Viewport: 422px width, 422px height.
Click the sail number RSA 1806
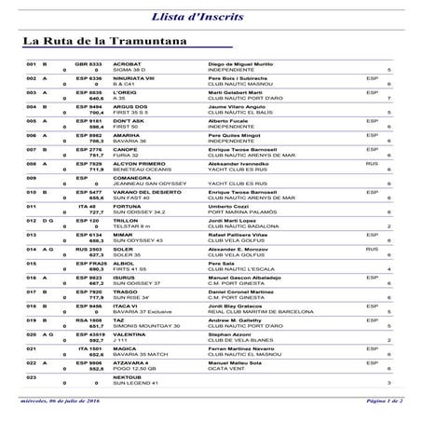pyautogui.click(x=88, y=346)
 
